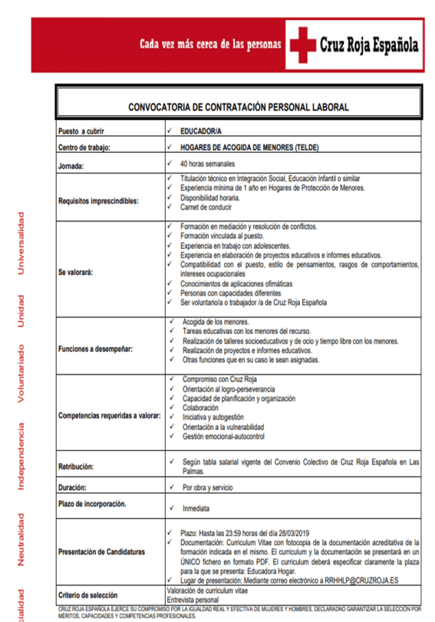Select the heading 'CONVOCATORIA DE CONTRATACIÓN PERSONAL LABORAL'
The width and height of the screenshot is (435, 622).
[x=238, y=107]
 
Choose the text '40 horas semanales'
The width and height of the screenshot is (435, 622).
[x=207, y=164]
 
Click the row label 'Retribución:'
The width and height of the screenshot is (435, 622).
[x=76, y=466]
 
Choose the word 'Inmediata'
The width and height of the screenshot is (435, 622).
[x=196, y=508]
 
